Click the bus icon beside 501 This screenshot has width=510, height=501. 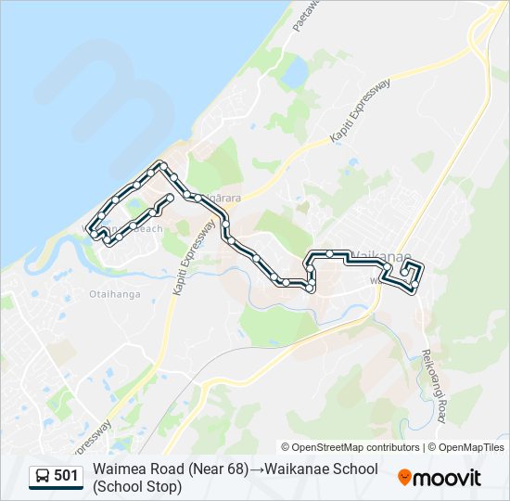click(43, 477)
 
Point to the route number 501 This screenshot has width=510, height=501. click(66, 477)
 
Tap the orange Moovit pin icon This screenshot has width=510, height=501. click(404, 478)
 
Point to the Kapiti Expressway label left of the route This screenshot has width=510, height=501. click(182, 262)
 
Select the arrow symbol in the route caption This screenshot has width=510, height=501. click(255, 469)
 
